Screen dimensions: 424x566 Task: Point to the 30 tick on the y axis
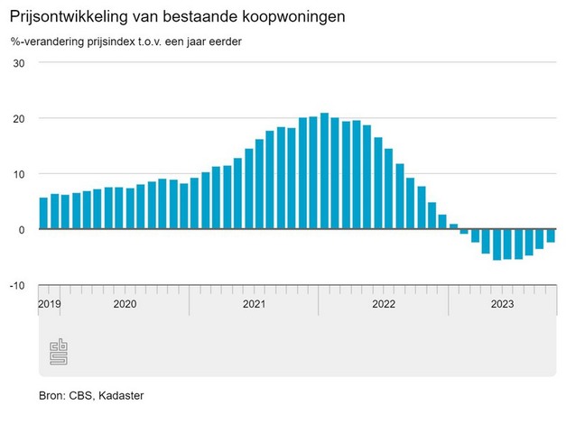tap(18, 63)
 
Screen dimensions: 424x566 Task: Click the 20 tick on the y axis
tap(18, 119)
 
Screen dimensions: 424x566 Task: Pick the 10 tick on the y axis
tap(18, 174)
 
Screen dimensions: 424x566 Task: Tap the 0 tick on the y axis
tap(21, 230)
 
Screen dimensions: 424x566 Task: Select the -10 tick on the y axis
tap(16, 285)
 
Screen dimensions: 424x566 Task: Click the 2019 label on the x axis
tap(49, 304)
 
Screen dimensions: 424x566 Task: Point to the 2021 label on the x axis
tap(255, 304)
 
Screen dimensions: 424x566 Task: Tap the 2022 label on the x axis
tap(385, 304)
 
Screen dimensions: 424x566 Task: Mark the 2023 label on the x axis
tap(502, 304)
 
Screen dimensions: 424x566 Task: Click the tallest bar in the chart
tap(324, 171)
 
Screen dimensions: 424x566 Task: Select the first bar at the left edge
tap(43, 213)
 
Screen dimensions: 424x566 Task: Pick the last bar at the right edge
tap(551, 235)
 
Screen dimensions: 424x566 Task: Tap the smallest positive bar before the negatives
tap(453, 226)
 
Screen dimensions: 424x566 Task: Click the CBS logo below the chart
tap(59, 353)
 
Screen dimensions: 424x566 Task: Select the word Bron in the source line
tap(51, 395)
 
